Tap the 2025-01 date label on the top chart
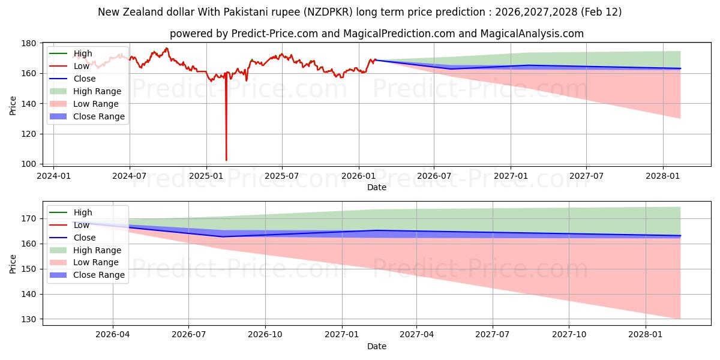point(206,176)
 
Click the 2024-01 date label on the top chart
point(53,176)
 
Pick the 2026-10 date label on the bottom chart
point(265,335)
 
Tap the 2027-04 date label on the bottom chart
point(417,335)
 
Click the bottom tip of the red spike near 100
point(226,160)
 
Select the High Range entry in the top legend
point(97,91)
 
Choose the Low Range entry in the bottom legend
point(96,262)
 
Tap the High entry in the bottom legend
point(83,212)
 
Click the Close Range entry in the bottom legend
point(99,275)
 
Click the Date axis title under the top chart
point(376,187)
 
